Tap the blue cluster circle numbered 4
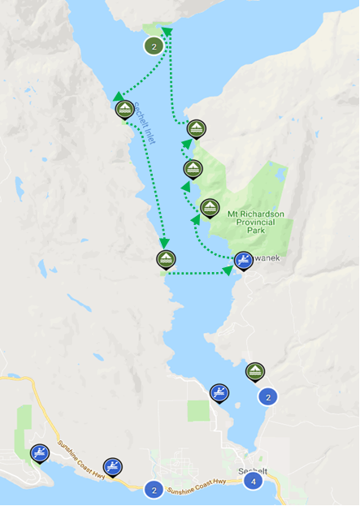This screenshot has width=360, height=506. click(x=254, y=481)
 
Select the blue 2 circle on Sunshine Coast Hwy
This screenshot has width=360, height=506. click(x=153, y=490)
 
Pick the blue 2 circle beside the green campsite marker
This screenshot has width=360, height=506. click(x=268, y=397)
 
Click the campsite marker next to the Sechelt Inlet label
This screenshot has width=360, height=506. click(x=124, y=110)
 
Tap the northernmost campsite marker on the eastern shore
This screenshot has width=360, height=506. click(x=197, y=128)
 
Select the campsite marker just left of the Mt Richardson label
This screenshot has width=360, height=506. click(x=210, y=207)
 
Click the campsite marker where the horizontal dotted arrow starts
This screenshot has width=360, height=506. click(x=166, y=259)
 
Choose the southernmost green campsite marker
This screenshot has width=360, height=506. click(x=255, y=371)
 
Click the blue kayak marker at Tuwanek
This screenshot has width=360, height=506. click(x=243, y=261)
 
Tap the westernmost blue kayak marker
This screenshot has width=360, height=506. click(x=39, y=452)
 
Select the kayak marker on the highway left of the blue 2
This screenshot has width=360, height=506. click(x=119, y=467)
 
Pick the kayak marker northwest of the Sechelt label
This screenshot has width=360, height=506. click(x=219, y=393)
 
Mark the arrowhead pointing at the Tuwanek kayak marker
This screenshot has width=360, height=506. click(x=228, y=270)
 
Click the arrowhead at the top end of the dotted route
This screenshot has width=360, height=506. click(x=167, y=31)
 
